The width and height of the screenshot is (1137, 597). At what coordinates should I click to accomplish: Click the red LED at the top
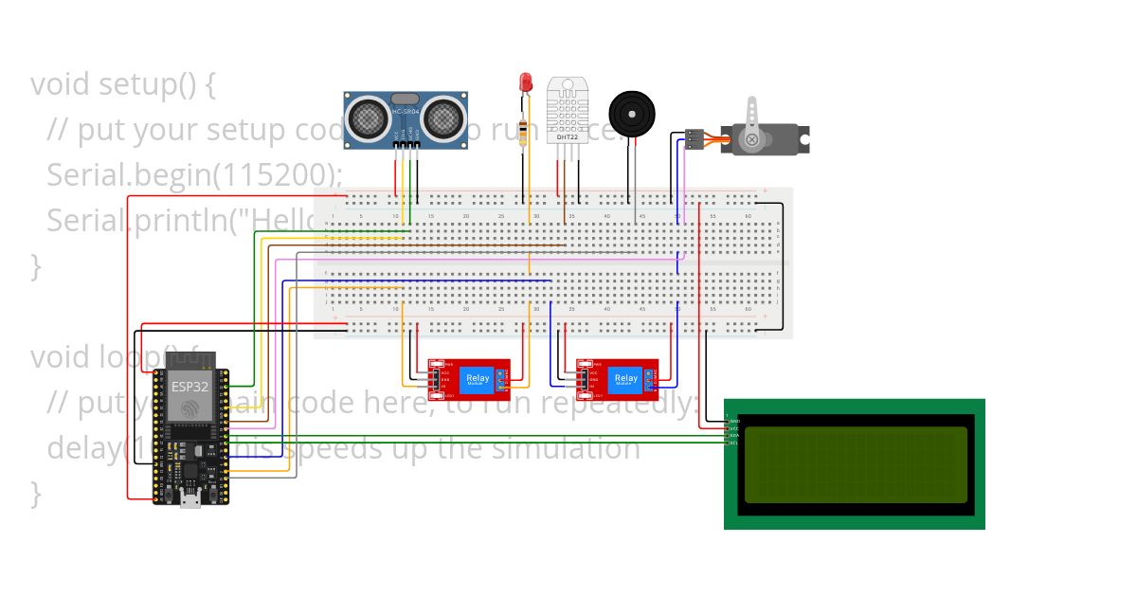coord(523,83)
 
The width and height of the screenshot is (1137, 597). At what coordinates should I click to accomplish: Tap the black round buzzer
coord(630,114)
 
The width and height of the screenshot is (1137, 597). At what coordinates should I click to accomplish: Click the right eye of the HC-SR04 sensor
coord(442,118)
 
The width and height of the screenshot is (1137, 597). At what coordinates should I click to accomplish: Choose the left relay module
coord(468,379)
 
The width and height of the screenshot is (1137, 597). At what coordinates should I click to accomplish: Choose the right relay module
coord(618,379)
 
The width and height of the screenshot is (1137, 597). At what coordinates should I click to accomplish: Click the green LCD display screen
coord(856,464)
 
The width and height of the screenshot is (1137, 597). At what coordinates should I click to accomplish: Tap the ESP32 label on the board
coord(184,386)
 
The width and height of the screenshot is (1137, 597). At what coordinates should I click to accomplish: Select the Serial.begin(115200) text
coord(194,175)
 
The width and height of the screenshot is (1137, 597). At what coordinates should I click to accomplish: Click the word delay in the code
coord(83,447)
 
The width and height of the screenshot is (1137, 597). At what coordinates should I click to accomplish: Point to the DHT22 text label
coord(568,136)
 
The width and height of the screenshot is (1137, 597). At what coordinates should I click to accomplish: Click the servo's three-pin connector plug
coord(695,140)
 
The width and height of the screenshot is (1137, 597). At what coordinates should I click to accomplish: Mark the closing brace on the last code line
coord(36,493)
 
